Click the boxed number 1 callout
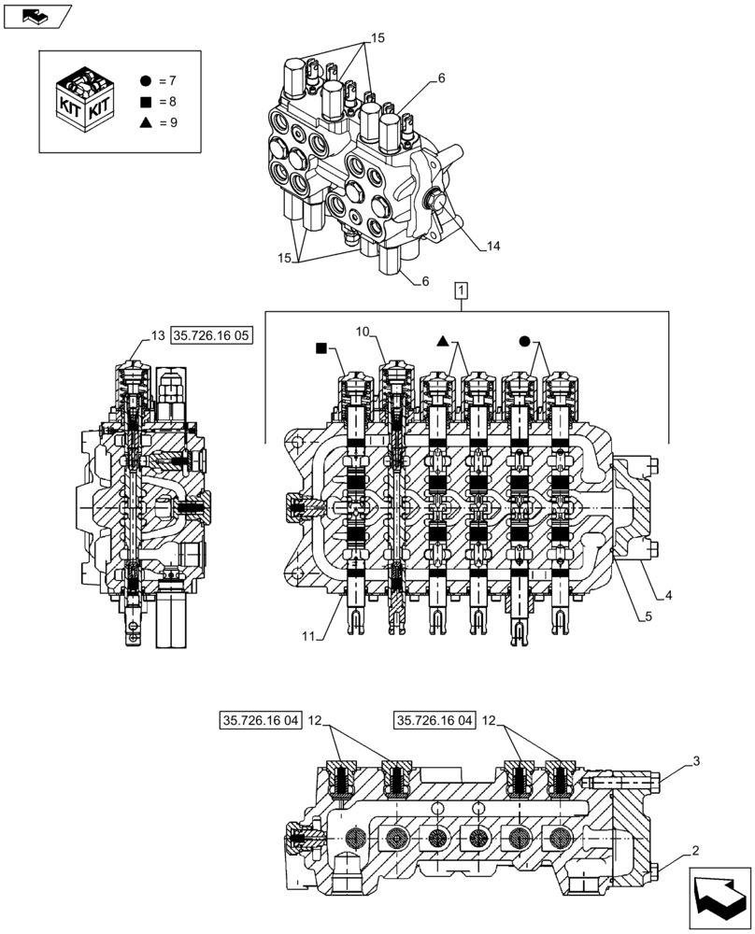[463, 291]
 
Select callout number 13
[156, 335]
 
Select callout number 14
[492, 247]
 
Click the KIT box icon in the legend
[86, 100]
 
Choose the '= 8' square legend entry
[163, 102]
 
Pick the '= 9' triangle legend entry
[163, 122]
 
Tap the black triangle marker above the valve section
[444, 343]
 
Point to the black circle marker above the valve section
[525, 342]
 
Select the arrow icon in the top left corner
[37, 15]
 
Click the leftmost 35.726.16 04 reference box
[261, 720]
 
